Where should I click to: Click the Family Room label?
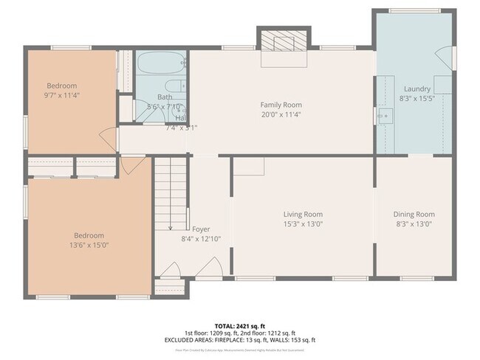click(281, 105)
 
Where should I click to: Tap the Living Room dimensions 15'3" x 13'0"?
click(303, 224)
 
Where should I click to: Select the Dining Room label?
click(414, 215)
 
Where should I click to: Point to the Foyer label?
click(201, 229)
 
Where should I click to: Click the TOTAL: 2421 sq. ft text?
click(240, 325)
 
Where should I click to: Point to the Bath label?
click(165, 97)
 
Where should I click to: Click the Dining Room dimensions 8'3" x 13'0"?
click(414, 224)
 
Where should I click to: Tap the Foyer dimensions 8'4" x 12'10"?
click(201, 238)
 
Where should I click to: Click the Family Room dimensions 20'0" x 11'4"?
click(281, 114)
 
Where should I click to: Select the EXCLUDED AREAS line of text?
click(240, 340)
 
